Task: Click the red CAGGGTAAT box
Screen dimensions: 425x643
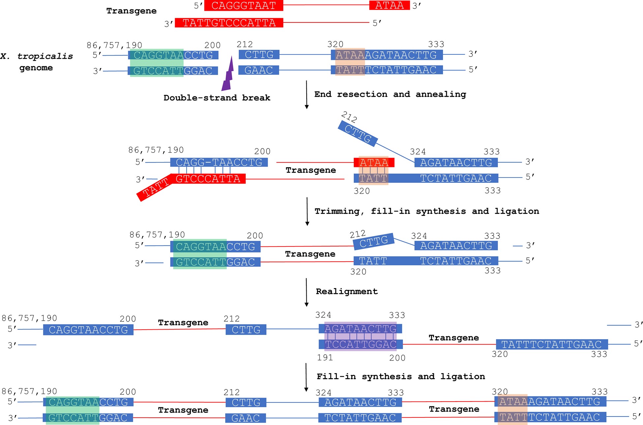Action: pyautogui.click(x=243, y=6)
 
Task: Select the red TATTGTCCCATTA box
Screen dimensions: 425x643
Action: pyautogui.click(x=229, y=23)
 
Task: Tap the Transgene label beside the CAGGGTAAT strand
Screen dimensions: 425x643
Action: pyautogui.click(x=131, y=11)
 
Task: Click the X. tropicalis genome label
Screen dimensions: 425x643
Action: pyautogui.click(x=36, y=62)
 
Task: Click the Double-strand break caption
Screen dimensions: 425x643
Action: pyautogui.click(x=217, y=98)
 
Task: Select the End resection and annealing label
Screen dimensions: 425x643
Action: pyautogui.click(x=390, y=94)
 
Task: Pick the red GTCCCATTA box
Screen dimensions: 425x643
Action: pyautogui.click(x=208, y=179)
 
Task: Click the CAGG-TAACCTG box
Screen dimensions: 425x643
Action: pyautogui.click(x=219, y=162)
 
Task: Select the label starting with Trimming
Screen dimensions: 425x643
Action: pyautogui.click(x=426, y=211)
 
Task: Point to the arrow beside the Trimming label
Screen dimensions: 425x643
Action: pyautogui.click(x=307, y=212)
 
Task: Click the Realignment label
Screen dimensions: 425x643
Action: pyautogui.click(x=347, y=291)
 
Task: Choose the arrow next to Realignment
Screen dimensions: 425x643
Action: pyautogui.click(x=307, y=292)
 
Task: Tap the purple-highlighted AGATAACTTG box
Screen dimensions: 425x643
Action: pyautogui.click(x=360, y=329)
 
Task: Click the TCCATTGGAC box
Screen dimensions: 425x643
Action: pyautogui.click(x=360, y=344)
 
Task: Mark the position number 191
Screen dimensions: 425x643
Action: pyautogui.click(x=325, y=358)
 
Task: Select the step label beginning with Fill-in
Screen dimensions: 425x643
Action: pyautogui.click(x=401, y=376)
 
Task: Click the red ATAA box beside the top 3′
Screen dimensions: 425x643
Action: pyautogui.click(x=389, y=6)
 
